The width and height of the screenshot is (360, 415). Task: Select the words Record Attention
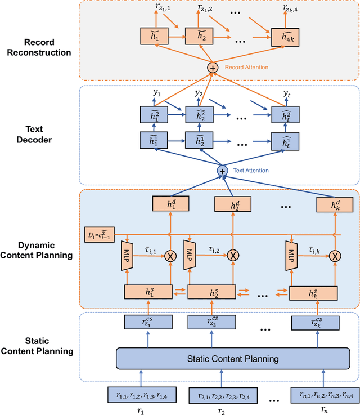pyautogui.click(x=246, y=68)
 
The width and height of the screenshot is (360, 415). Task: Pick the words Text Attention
pyautogui.click(x=251, y=171)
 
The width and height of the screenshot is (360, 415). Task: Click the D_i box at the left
pyautogui.click(x=99, y=232)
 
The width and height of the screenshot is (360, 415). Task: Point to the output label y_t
pyautogui.click(x=287, y=94)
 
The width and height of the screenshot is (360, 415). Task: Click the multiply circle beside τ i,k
pyautogui.click(x=335, y=256)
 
